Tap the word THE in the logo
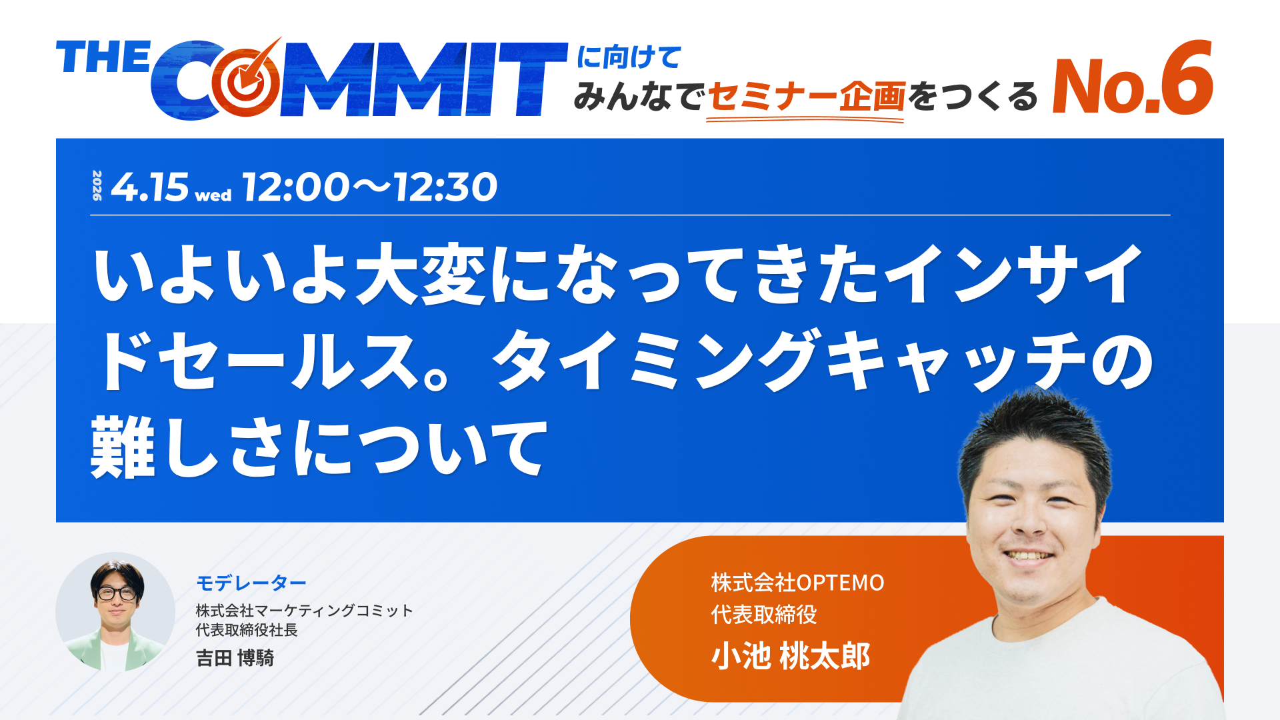pyautogui.click(x=103, y=57)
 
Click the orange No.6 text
pyautogui.click(x=1131, y=81)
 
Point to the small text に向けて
pyautogui.click(x=628, y=57)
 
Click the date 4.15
pyautogui.click(x=150, y=187)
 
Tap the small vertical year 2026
pyautogui.click(x=97, y=186)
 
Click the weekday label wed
pyautogui.click(x=213, y=195)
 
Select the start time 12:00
pyautogui.click(x=296, y=187)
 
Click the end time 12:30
pyautogui.click(x=446, y=187)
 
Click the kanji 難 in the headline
pyautogui.click(x=122, y=446)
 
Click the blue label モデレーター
pyautogui.click(x=251, y=583)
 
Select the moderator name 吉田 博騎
pyautogui.click(x=235, y=658)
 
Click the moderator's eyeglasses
pyautogui.click(x=117, y=593)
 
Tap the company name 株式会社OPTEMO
pyautogui.click(x=797, y=583)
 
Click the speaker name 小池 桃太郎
pyautogui.click(x=791, y=656)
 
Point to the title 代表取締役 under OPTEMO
pyautogui.click(x=764, y=614)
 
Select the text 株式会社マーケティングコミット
pyautogui.click(x=304, y=610)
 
